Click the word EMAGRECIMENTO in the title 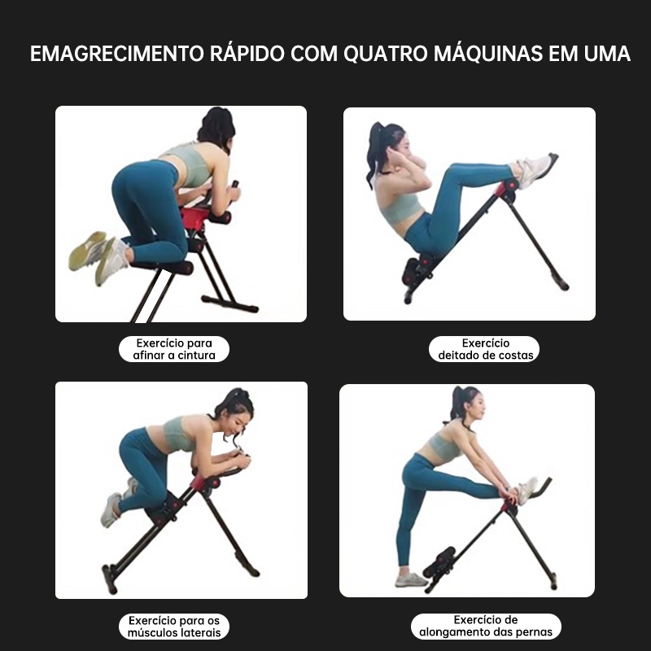117,54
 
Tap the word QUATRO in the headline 385,54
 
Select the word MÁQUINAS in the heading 488,53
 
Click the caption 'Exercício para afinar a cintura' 174,349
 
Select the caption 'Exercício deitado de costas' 484,349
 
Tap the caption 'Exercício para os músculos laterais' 174,627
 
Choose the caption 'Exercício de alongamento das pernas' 486,626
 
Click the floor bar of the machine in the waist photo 229,304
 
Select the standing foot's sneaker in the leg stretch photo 411,579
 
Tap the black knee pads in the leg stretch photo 439,561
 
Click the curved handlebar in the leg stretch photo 540,487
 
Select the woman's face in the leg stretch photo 477,405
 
